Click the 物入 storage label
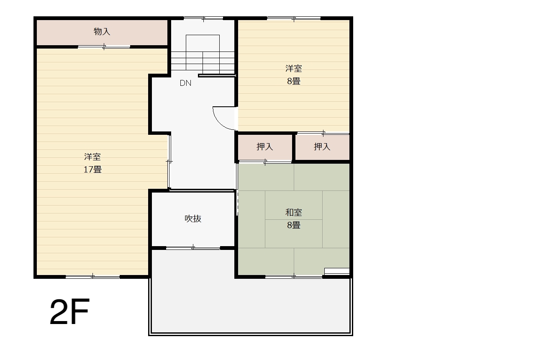(102, 31)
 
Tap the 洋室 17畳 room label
(92, 163)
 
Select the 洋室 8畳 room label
(294, 75)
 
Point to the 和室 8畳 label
(294, 219)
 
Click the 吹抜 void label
(193, 219)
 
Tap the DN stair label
(185, 83)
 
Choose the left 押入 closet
(265, 147)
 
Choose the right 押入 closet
(322, 147)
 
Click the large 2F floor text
(70, 312)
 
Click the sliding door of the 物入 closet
(104, 46)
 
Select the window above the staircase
(203, 18)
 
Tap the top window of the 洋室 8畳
(294, 18)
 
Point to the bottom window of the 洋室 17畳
(92, 277)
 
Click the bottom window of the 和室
(294, 277)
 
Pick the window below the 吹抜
(193, 248)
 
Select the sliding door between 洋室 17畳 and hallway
(169, 162)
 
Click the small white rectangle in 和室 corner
(337, 271)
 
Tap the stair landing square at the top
(203, 43)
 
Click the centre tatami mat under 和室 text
(294, 219)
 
